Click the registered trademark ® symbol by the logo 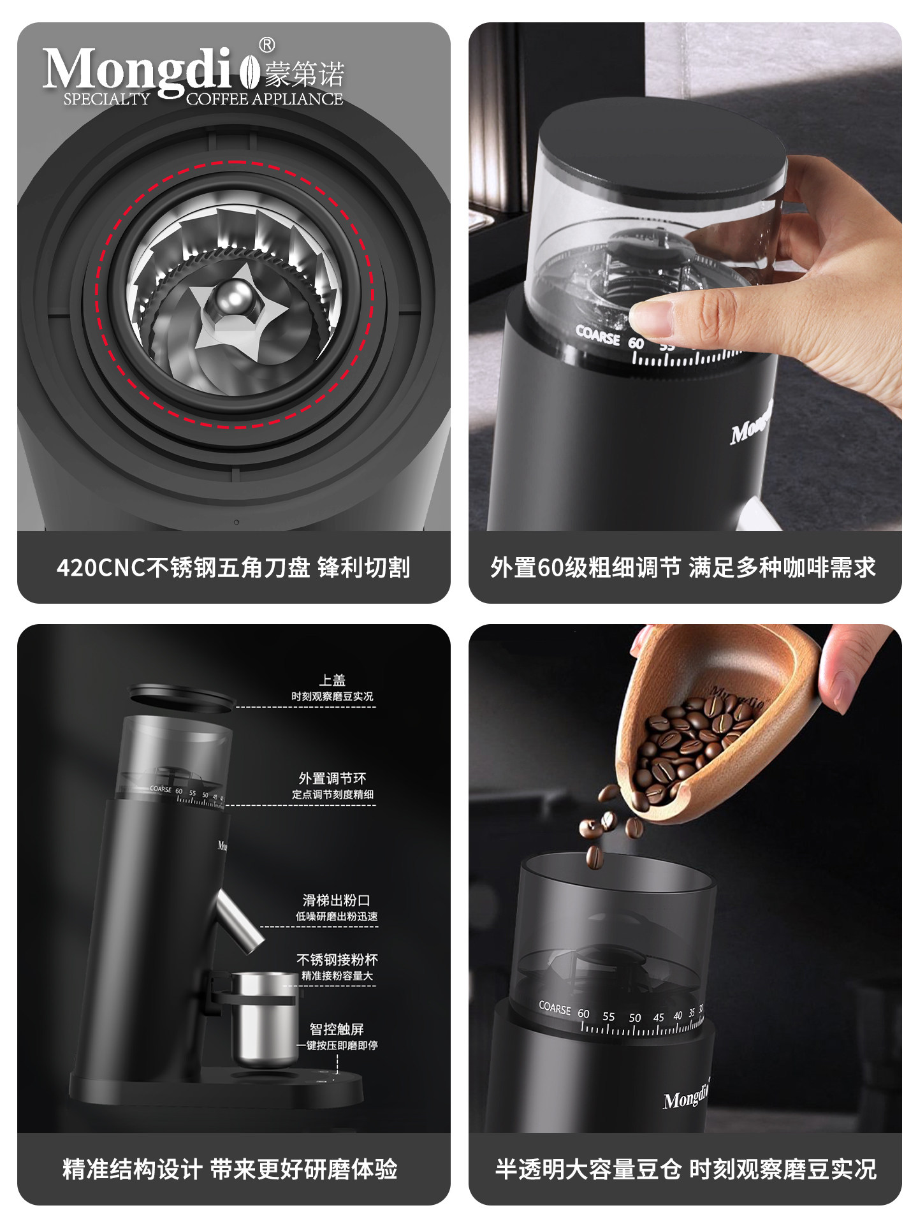tap(267, 45)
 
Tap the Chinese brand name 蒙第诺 tap(305, 75)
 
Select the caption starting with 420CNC tap(233, 567)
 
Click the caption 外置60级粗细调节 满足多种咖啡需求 tap(684, 567)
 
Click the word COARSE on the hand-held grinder tap(597, 335)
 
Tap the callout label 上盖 tap(332, 680)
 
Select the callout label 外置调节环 tap(332, 778)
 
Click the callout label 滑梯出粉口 tap(336, 900)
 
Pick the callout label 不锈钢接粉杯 tap(337, 959)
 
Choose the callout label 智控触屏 tap(337, 1029)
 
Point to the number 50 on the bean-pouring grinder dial tap(635, 1018)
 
